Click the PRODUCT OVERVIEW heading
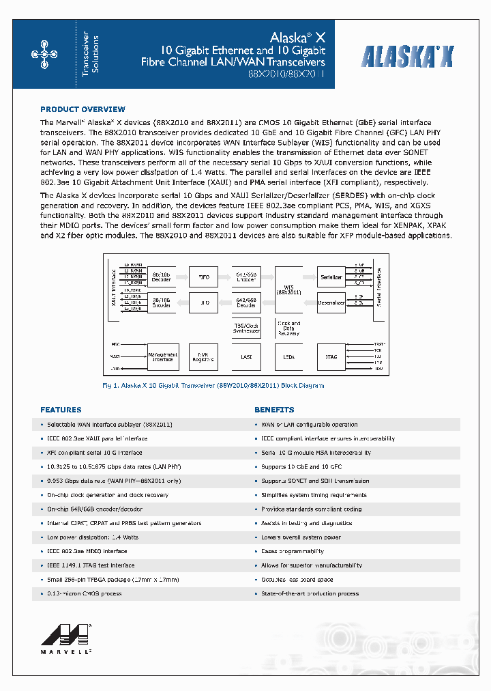83,109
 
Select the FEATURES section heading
61,410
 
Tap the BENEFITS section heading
274,410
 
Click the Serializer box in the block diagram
331,277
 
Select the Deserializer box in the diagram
331,302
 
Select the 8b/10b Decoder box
162,277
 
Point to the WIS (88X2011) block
288,290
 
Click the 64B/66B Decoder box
245,302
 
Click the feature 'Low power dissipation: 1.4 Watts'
93,537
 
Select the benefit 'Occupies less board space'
297,580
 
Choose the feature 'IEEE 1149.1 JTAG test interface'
91,565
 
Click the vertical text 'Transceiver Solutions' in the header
90,54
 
